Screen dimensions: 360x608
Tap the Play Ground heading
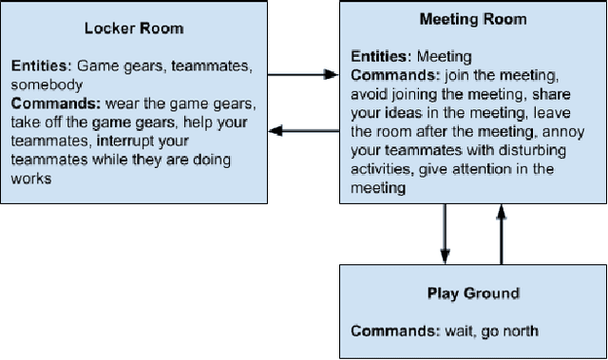[473, 294]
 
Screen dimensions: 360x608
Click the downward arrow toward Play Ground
[444, 234]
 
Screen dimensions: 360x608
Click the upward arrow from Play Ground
[501, 234]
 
